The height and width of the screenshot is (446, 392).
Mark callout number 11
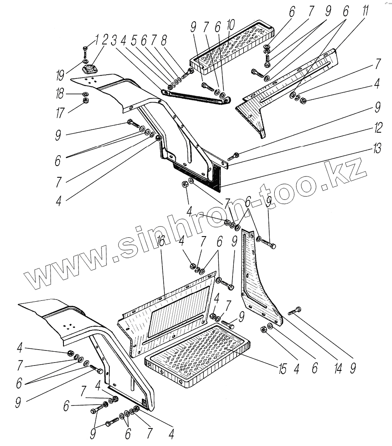[x=365, y=12]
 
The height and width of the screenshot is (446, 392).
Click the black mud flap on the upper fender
[x=196, y=175]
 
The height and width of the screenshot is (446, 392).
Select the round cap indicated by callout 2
[x=90, y=68]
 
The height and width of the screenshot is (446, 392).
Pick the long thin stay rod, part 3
[x=196, y=96]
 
